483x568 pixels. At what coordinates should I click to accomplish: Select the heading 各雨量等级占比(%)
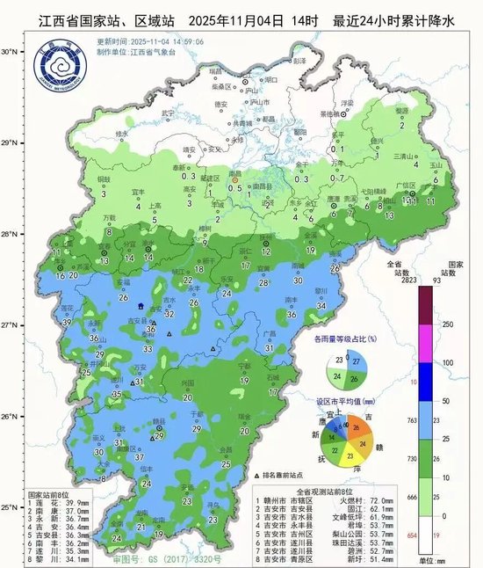(x=345, y=338)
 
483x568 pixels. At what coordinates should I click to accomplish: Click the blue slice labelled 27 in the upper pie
(x=355, y=361)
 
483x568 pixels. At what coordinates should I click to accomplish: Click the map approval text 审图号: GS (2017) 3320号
(x=147, y=557)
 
